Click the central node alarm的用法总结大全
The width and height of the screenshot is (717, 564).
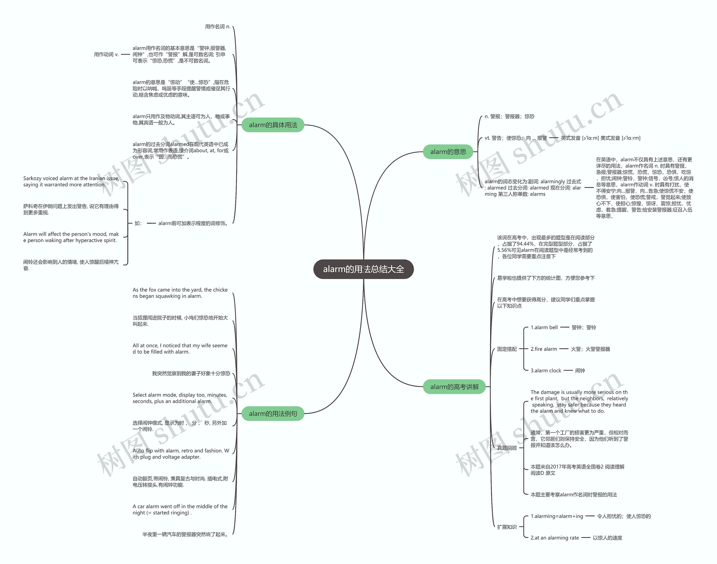pos(363,269)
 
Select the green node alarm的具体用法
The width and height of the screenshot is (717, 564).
pos(273,125)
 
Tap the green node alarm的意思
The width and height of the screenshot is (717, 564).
pos(448,152)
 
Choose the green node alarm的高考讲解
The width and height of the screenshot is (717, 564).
pos(454,387)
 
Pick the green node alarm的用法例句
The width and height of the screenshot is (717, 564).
pos(273,414)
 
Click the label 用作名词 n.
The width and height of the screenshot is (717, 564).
pos(218,27)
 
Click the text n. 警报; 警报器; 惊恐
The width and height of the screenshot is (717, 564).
pos(509,117)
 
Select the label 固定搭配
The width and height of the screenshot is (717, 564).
pos(507,349)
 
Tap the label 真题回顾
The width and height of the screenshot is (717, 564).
pos(507,448)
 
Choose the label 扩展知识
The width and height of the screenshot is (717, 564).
pos(507,527)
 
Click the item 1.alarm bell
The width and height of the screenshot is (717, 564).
pos(544,328)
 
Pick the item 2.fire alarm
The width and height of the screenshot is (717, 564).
pos(544,349)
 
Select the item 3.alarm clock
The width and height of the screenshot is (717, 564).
pos(546,370)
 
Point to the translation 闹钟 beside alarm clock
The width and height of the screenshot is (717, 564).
pos(580,370)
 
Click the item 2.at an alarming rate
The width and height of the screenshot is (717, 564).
pos(555,538)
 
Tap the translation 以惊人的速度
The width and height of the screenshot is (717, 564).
pos(607,538)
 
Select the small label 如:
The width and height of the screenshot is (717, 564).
pos(138,223)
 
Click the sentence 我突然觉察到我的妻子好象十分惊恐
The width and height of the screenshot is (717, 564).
pos(191,373)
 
